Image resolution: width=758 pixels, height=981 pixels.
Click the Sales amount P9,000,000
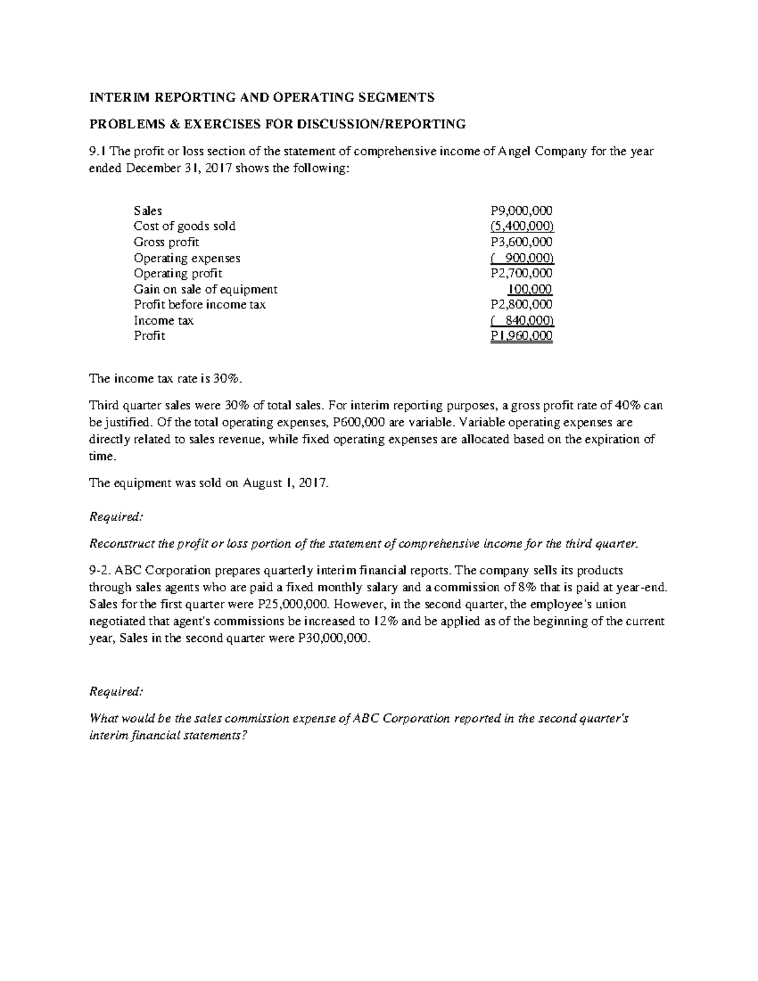pyautogui.click(x=521, y=211)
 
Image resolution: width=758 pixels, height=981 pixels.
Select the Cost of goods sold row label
pyautogui.click(x=184, y=226)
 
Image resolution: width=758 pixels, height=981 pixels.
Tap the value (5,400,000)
pyautogui.click(x=522, y=226)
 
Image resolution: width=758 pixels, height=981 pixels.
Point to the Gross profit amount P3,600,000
pyautogui.click(x=521, y=242)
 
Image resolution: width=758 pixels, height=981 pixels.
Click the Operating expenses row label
pyautogui.click(x=187, y=258)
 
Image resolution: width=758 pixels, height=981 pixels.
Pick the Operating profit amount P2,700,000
pyautogui.click(x=521, y=274)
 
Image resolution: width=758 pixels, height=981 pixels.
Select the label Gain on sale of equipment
pyautogui.click(x=205, y=289)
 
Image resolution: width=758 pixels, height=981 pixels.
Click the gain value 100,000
pyautogui.click(x=530, y=289)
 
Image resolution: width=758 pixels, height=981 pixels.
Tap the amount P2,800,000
pyautogui.click(x=521, y=304)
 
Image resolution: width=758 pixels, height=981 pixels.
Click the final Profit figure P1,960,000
pyautogui.click(x=521, y=336)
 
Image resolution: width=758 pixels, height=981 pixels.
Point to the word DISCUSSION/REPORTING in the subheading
pyautogui.click(x=404, y=124)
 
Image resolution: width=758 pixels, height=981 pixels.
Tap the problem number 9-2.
pyautogui.click(x=101, y=553)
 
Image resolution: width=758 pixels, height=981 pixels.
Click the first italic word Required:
pyautogui.click(x=117, y=517)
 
